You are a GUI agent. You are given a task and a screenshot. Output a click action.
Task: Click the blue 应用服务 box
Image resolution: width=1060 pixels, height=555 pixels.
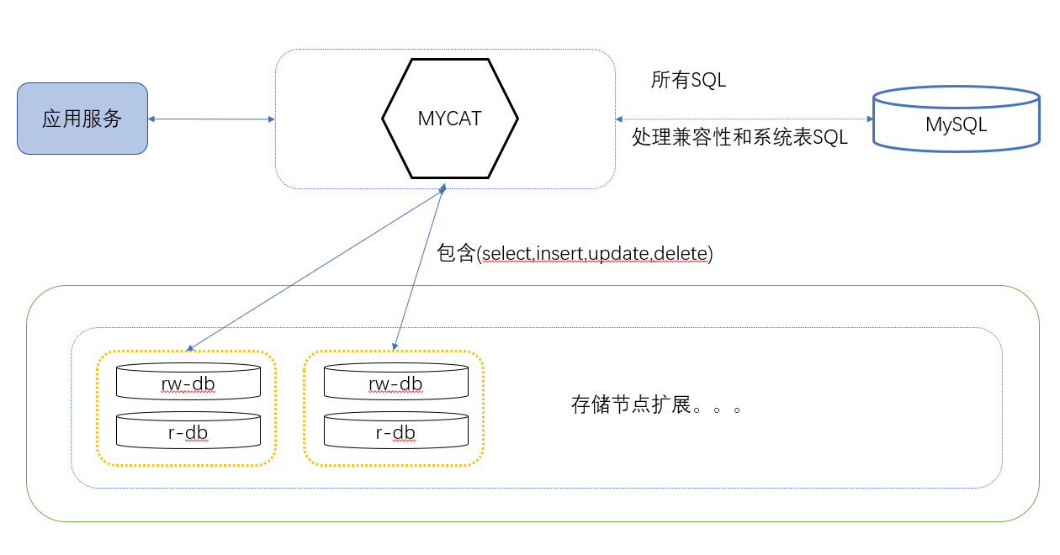click(82, 119)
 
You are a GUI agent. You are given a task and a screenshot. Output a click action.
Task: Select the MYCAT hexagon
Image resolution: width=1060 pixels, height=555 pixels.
click(450, 119)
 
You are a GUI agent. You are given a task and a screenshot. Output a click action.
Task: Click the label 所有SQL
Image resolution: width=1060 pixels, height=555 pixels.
click(688, 80)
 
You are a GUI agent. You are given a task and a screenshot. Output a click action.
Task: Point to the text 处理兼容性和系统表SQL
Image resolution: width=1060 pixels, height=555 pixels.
click(739, 137)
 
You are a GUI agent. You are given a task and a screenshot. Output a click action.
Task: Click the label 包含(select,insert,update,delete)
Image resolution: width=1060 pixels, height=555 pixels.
click(575, 254)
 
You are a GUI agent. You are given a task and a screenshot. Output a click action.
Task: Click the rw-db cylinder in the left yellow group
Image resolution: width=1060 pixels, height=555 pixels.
click(188, 383)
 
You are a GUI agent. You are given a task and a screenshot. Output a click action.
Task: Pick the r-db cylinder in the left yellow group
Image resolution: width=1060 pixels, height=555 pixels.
click(188, 432)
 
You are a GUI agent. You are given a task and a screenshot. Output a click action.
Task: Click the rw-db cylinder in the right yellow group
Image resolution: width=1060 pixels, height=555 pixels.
click(395, 383)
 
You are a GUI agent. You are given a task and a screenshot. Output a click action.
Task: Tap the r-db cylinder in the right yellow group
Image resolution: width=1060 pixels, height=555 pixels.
click(395, 432)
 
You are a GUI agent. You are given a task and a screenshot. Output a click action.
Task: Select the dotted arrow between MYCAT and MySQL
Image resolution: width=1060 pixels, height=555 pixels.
click(740, 119)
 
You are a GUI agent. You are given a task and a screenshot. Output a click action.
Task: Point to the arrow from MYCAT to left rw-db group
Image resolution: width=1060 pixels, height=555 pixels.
click(315, 267)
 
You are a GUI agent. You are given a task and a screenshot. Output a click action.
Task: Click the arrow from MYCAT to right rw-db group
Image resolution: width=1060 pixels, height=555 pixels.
click(419, 267)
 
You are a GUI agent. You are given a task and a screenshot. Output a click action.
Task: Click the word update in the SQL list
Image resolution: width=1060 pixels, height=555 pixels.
click(614, 254)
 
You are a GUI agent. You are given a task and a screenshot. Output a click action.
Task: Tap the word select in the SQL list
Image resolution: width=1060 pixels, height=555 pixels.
click(507, 254)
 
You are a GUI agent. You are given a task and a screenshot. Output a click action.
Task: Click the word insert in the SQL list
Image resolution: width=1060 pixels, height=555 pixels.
click(559, 254)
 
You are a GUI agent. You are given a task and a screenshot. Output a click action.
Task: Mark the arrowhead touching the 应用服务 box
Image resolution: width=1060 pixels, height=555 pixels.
click(153, 119)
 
